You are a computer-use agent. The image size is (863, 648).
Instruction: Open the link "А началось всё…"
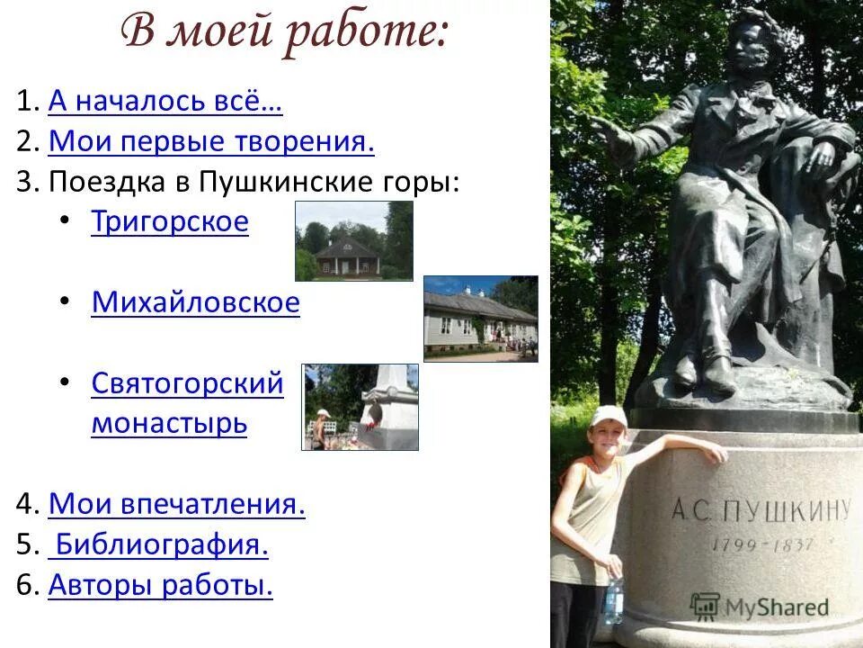pyautogui.click(x=165, y=103)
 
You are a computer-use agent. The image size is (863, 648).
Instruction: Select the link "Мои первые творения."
pyautogui.click(x=211, y=142)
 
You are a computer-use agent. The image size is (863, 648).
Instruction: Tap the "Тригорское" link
pyautogui.click(x=169, y=221)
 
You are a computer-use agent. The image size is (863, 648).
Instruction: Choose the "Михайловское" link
pyautogui.click(x=195, y=302)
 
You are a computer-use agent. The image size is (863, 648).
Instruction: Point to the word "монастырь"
pyautogui.click(x=169, y=423)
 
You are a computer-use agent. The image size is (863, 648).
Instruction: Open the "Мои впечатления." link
pyautogui.click(x=177, y=504)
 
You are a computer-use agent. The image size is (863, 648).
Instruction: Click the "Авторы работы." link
pyautogui.click(x=161, y=586)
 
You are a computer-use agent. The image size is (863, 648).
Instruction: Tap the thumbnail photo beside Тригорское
pyautogui.click(x=354, y=240)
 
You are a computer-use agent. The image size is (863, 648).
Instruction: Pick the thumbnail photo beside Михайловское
pyautogui.click(x=480, y=318)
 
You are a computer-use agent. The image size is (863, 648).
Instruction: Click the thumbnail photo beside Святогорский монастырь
pyautogui.click(x=360, y=407)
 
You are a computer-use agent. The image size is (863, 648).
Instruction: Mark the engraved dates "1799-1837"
pyautogui.click(x=762, y=544)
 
